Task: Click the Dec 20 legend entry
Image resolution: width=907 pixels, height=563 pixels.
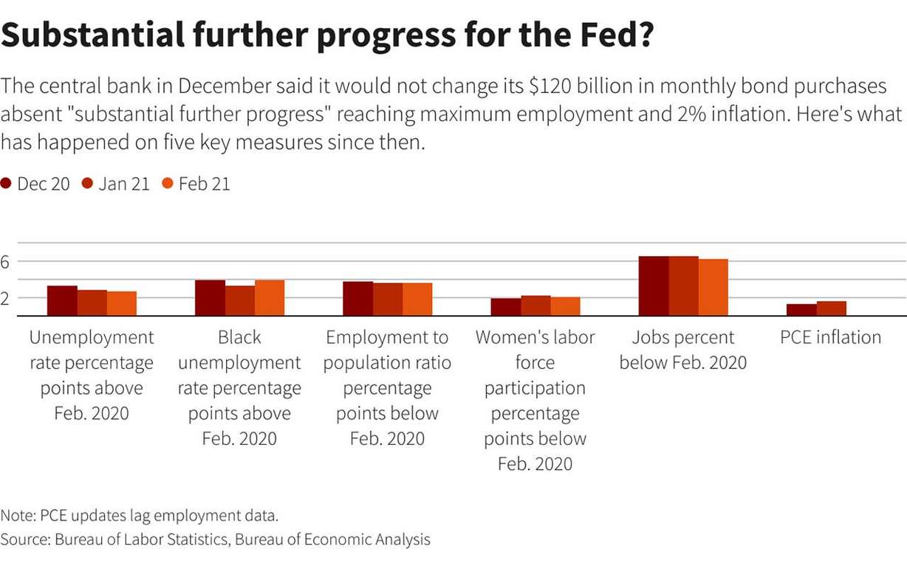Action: tap(43, 184)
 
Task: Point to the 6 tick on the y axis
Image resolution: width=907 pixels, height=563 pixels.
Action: tap(6, 262)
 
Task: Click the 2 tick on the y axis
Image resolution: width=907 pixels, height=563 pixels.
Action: tap(6, 298)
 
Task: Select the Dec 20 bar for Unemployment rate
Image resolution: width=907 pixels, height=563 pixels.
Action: tap(62, 301)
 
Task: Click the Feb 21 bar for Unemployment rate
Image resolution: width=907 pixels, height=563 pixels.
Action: tap(122, 304)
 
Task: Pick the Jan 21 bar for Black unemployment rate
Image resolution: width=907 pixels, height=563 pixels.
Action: tap(240, 301)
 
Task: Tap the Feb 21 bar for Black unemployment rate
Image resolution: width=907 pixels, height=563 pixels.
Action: tap(270, 298)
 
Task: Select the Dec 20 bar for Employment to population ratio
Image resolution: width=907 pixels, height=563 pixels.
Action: tap(357, 299)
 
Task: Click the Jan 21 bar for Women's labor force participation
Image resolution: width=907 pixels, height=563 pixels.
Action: tap(535, 306)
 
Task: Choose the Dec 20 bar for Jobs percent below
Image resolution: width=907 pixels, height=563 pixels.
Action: tap(654, 286)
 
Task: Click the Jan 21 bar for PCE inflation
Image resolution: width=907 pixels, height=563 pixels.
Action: tap(832, 309)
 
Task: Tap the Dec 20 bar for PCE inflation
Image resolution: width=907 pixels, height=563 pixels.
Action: tap(801, 311)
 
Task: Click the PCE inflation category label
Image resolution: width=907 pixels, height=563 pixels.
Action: tap(831, 338)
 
